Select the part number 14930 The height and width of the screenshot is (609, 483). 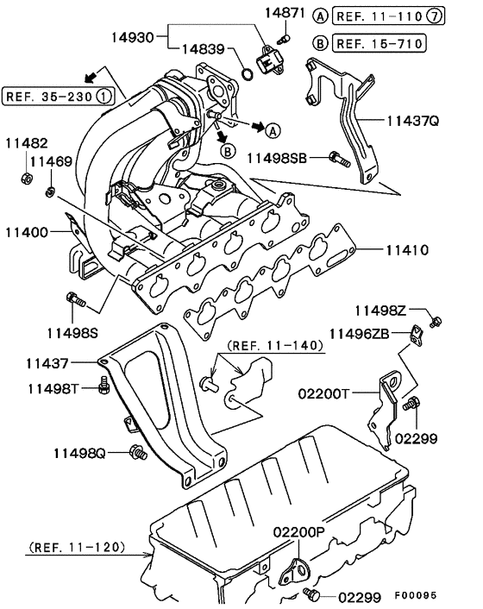pyautogui.click(x=132, y=37)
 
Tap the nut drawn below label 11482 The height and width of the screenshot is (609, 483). pyautogui.click(x=26, y=179)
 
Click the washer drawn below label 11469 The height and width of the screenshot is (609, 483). pyautogui.click(x=51, y=188)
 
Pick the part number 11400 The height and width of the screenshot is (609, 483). pyautogui.click(x=29, y=231)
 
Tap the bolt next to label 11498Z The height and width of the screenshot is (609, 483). pyautogui.click(x=436, y=322)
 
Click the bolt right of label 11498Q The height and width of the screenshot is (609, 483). pyautogui.click(x=135, y=451)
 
